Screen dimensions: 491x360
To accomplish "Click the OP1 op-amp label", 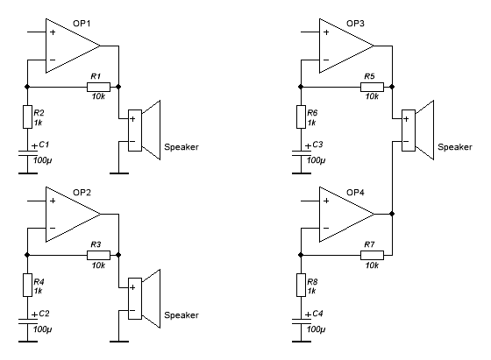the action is coord(82,24).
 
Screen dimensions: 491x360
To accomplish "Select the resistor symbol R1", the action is coord(98,87).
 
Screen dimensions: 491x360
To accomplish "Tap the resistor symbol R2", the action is coord(27,117).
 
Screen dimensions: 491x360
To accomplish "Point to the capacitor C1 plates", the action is coord(28,153).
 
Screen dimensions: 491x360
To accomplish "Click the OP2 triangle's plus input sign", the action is coord(53,201).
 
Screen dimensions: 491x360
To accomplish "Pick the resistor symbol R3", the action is coord(98,255).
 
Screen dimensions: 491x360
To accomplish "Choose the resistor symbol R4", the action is coord(27,286).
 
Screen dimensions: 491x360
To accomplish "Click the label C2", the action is coord(44,313).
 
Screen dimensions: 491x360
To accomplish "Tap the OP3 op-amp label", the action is coord(355,24).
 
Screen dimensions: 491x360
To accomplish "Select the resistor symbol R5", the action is coord(372,87).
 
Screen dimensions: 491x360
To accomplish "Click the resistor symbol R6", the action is coord(302,117).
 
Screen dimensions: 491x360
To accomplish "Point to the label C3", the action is coord(317,145).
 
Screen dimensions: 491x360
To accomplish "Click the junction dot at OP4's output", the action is coord(392,214).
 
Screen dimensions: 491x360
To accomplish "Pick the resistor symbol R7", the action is coord(372,255).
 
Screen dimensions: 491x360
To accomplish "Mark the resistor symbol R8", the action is coord(302,286).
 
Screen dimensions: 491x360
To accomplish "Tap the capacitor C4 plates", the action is coord(302,321).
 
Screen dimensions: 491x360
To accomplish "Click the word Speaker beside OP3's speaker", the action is coord(455,147).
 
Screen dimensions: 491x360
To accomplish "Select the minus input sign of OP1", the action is coord(53,60).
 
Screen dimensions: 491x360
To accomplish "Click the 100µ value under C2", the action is coord(43,329).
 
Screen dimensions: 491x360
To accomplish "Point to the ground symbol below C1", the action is coord(28,173).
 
